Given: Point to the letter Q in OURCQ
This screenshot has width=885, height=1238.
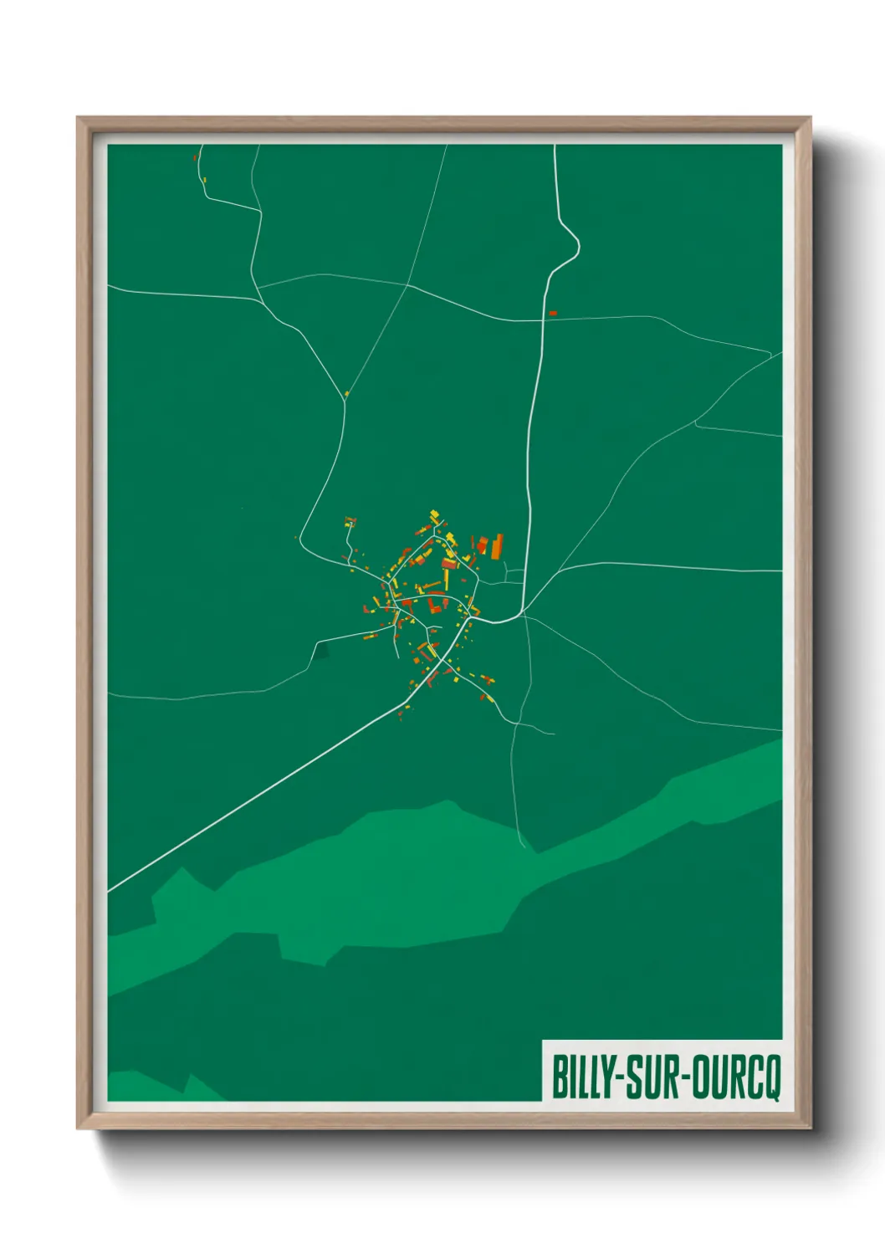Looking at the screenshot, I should pyautogui.click(x=770, y=1077).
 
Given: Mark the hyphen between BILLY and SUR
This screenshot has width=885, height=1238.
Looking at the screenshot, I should pyautogui.click(x=620, y=1077).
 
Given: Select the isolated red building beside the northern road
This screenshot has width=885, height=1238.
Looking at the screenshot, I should pyautogui.click(x=552, y=313).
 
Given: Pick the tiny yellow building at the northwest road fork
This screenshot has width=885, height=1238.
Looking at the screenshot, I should pyautogui.click(x=346, y=393).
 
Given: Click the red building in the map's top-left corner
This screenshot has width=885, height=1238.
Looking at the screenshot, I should pyautogui.click(x=195, y=156).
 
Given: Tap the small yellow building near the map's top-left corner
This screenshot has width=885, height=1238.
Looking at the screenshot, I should pyautogui.click(x=204, y=179).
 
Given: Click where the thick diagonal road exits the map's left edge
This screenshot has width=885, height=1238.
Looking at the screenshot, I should pyautogui.click(x=110, y=891).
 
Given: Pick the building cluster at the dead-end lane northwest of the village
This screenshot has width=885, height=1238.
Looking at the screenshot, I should pyautogui.click(x=350, y=523).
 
